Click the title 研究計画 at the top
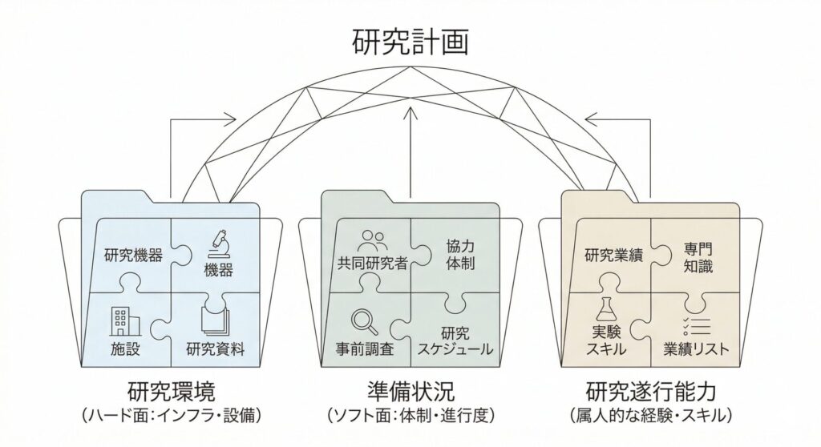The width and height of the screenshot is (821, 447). pyautogui.click(x=410, y=42)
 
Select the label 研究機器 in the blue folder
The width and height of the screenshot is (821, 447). pyautogui.click(x=134, y=256)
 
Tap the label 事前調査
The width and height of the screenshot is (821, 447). pyautogui.click(x=363, y=349)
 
